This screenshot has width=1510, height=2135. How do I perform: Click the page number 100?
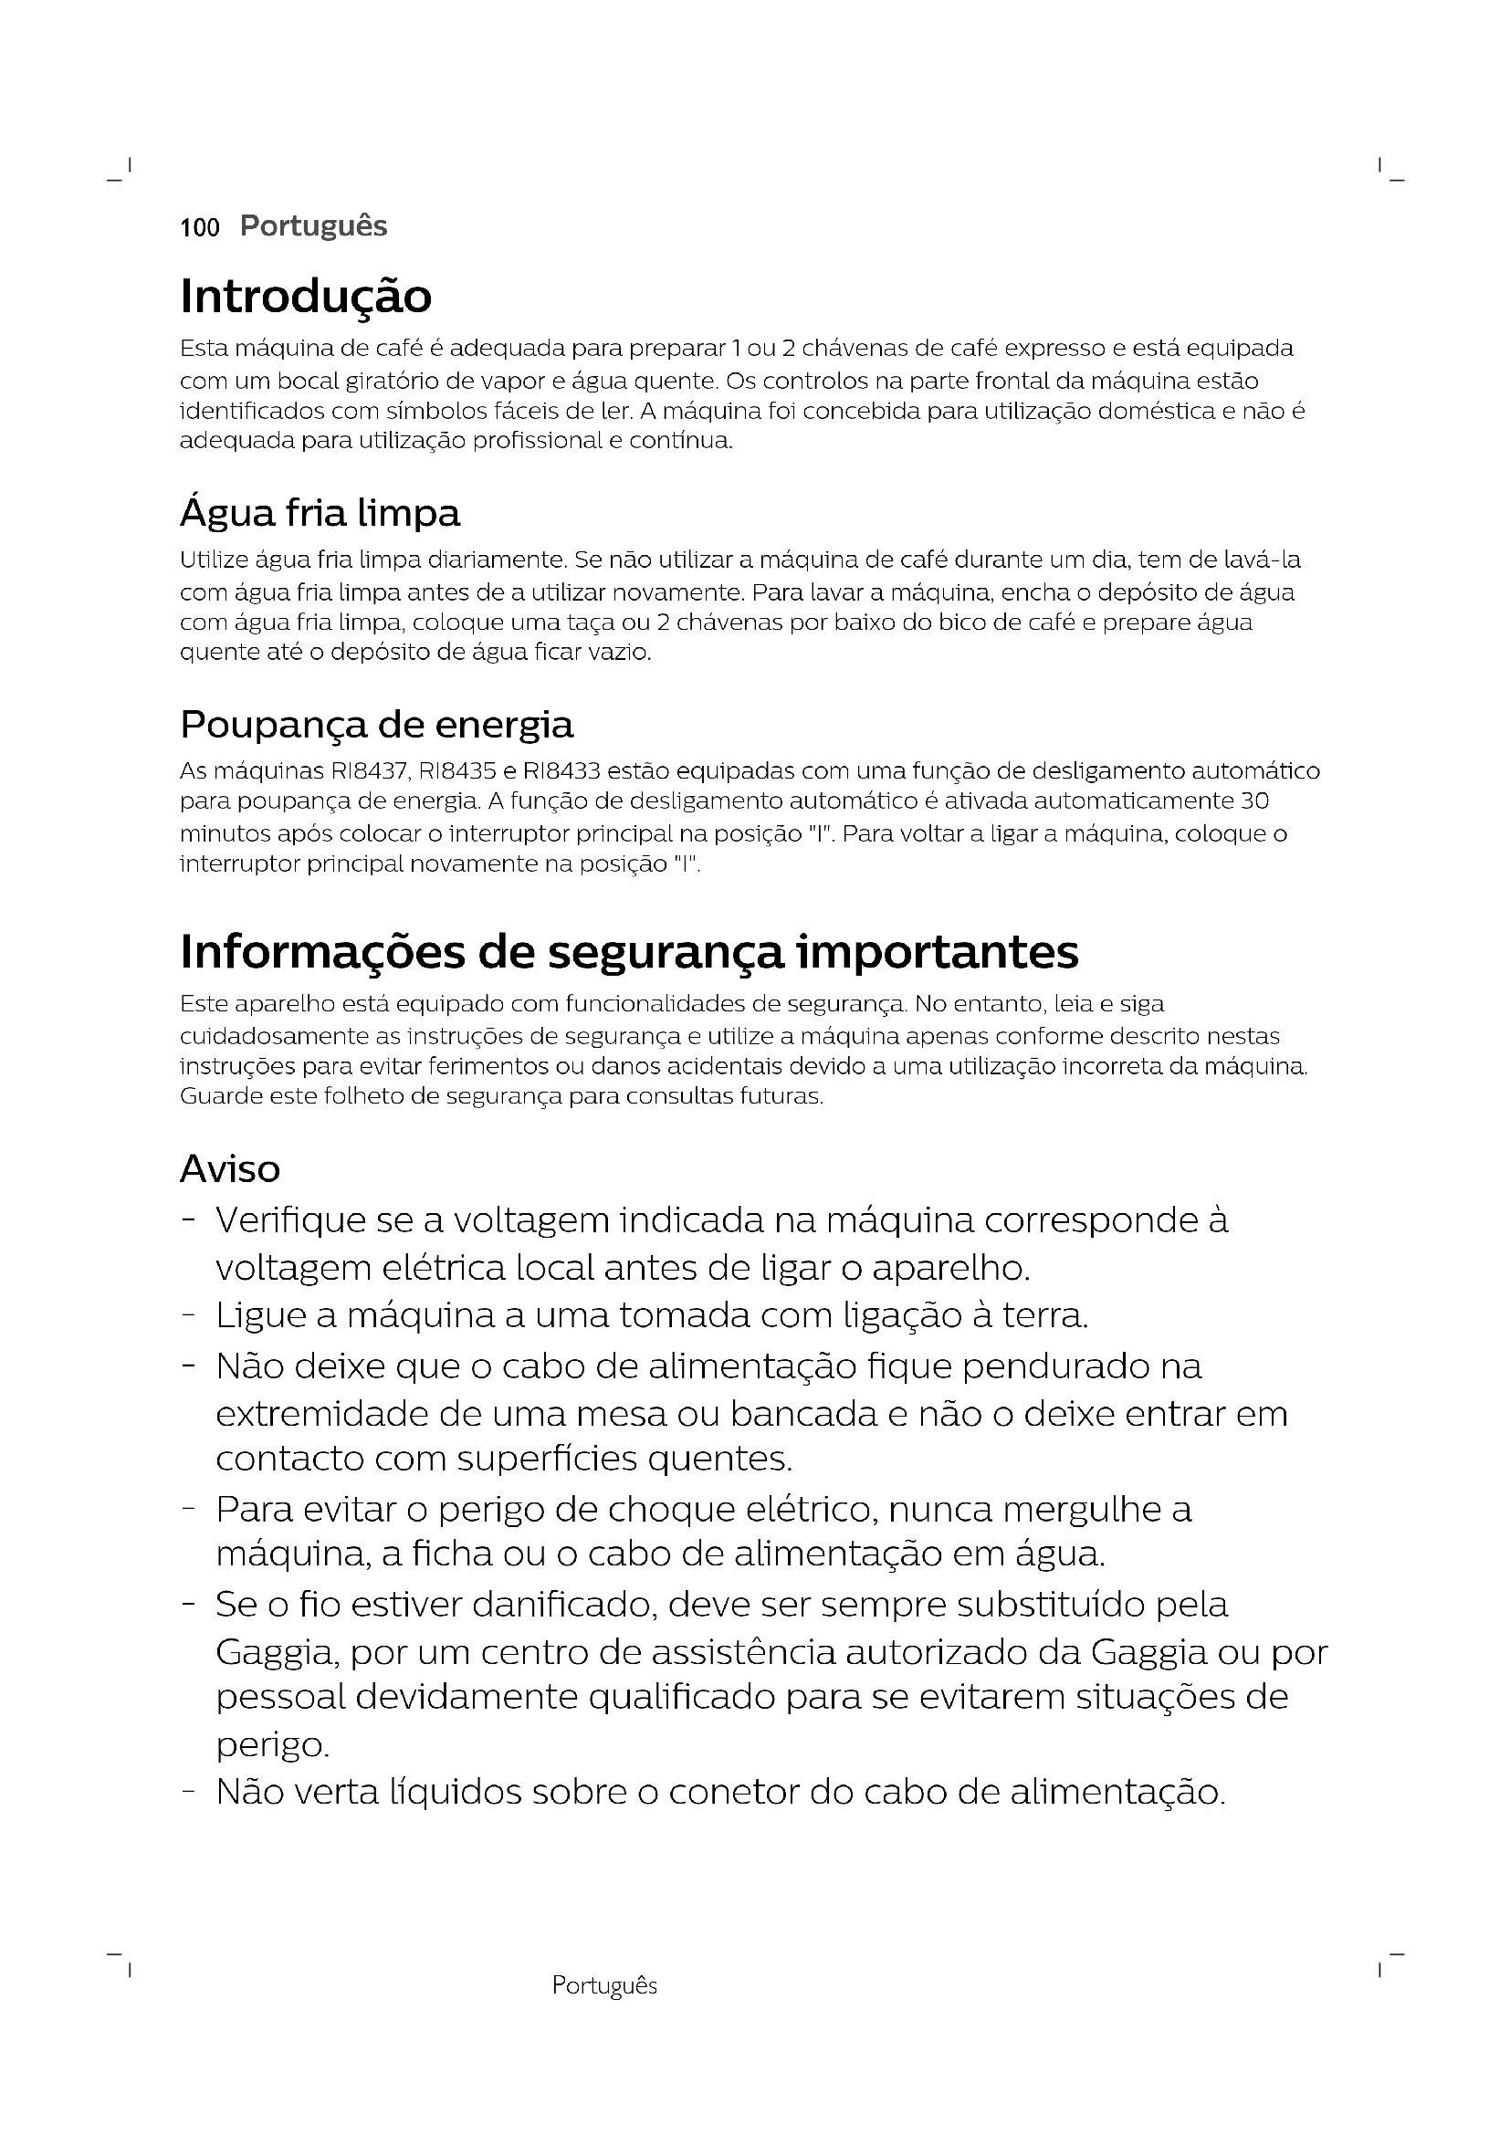coord(200,228)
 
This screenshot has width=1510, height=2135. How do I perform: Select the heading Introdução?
coord(306,297)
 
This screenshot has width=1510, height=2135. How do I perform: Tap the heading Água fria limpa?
coord(320,513)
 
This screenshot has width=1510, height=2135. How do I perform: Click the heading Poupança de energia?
coord(376,725)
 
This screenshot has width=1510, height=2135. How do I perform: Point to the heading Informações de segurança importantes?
coord(630,951)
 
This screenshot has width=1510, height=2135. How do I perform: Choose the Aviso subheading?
coord(230,1169)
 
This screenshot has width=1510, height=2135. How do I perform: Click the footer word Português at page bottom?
coord(604,1986)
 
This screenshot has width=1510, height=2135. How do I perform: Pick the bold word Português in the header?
coord(313,226)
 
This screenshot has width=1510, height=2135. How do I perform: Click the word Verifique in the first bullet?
coord(291,1221)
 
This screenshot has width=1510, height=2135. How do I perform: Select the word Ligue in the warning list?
coord(259,1316)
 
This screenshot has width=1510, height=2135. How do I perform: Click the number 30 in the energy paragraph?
coord(1255,801)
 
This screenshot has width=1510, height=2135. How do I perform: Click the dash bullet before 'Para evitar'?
coord(189,1509)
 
